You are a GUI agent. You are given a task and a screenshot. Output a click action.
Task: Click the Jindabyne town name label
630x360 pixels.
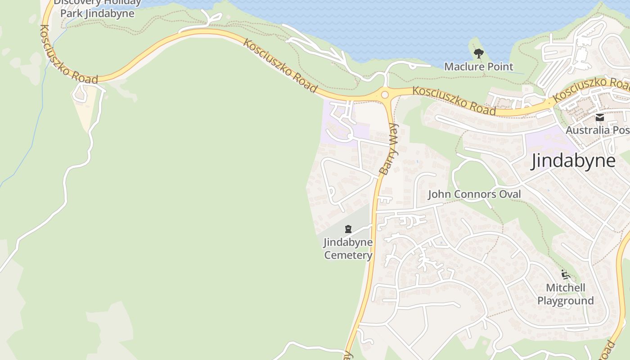[x=573, y=161]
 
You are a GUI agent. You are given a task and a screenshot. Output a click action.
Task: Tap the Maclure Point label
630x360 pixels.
[x=478, y=67]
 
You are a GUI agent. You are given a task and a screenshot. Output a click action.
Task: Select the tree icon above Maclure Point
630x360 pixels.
[x=478, y=54]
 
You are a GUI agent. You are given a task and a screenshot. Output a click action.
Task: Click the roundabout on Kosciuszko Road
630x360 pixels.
[x=384, y=94]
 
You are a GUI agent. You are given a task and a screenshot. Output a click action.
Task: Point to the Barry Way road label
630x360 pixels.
[x=389, y=148]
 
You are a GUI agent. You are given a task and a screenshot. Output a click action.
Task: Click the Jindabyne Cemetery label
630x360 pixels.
[x=348, y=249]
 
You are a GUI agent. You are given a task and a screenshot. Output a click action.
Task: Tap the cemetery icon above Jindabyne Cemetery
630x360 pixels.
[x=348, y=229]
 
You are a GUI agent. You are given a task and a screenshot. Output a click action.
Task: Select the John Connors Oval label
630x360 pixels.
[x=474, y=194]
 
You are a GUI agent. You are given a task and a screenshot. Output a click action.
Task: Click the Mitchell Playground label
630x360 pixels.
[x=566, y=294]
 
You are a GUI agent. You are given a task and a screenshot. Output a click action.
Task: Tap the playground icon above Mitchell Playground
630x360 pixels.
[x=566, y=274]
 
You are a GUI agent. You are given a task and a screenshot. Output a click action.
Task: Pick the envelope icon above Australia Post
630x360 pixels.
[x=599, y=118]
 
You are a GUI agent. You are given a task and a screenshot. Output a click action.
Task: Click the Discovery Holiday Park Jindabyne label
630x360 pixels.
[x=97, y=8]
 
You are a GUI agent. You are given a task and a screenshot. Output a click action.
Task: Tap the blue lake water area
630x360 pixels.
[x=405, y=27]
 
